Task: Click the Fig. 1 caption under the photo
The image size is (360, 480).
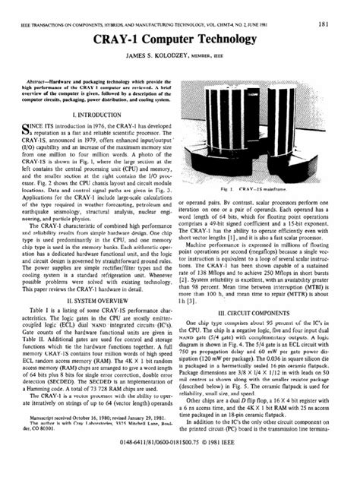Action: coord(265,187)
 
